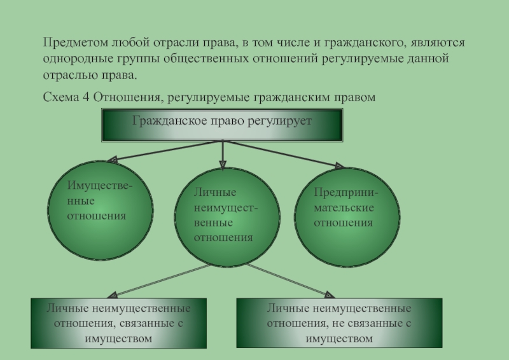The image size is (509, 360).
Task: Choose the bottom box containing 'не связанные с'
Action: [x=338, y=322]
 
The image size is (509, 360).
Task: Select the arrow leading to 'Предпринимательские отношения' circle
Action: [x=286, y=155]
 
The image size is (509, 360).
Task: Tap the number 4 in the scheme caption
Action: [x=87, y=97]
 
